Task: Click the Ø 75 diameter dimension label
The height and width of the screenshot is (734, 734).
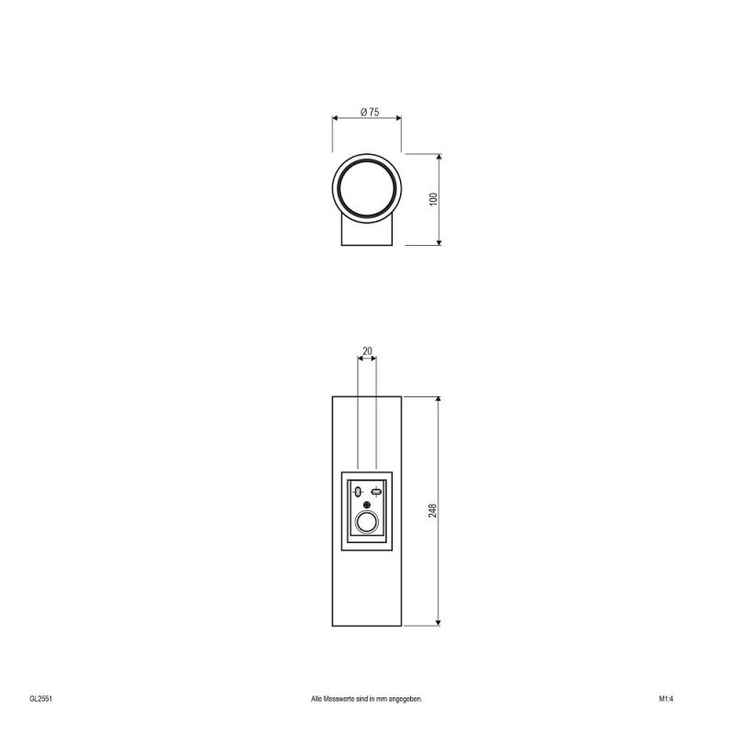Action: pyautogui.click(x=370, y=112)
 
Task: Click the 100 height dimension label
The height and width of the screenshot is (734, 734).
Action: pyautogui.click(x=433, y=199)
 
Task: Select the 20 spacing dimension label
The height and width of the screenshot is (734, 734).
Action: pyautogui.click(x=368, y=351)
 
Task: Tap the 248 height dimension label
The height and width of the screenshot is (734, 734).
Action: pyautogui.click(x=432, y=511)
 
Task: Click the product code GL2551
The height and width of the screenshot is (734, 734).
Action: pyautogui.click(x=40, y=699)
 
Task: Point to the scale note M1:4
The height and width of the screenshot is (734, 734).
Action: pyautogui.click(x=666, y=699)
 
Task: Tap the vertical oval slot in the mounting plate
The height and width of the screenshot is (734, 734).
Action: pyautogui.click(x=358, y=492)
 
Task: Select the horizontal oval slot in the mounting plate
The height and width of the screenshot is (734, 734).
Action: pyautogui.click(x=376, y=492)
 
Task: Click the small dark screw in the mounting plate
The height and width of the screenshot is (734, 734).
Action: pyautogui.click(x=367, y=506)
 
